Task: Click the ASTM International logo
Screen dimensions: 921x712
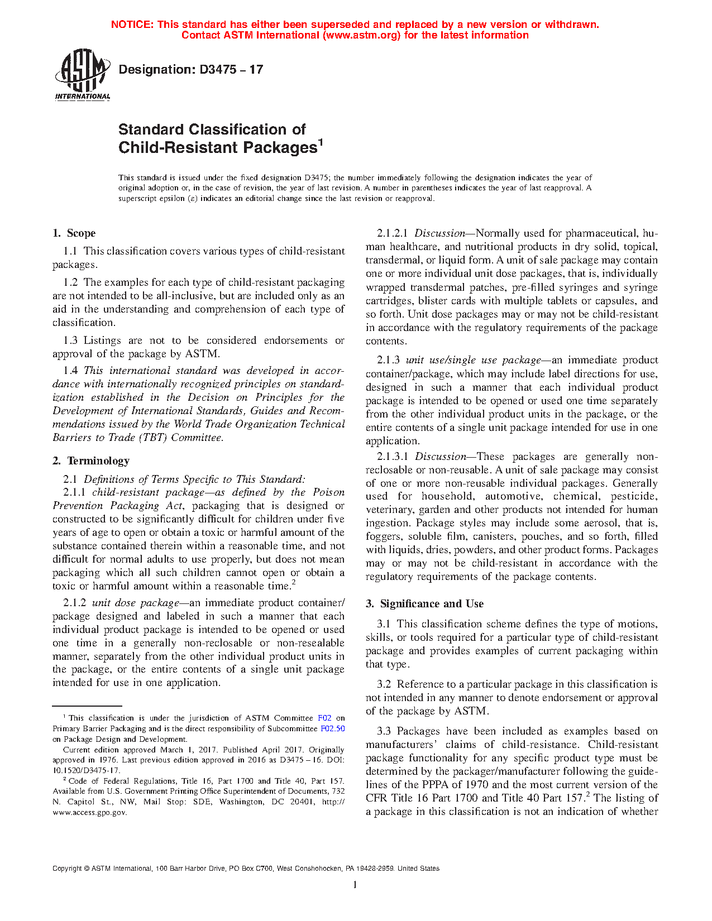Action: pyautogui.click(x=82, y=74)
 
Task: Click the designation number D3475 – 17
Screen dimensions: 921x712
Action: pyautogui.click(x=231, y=70)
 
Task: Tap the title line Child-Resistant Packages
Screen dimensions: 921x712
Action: pyautogui.click(x=218, y=147)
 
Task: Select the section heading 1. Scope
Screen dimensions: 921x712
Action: pyautogui.click(x=74, y=233)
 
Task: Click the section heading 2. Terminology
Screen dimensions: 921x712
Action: pyautogui.click(x=91, y=461)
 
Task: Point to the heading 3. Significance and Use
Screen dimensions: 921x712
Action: pyautogui.click(x=425, y=604)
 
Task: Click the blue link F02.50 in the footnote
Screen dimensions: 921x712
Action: pyautogui.click(x=332, y=728)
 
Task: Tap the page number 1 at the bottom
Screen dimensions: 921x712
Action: pyautogui.click(x=355, y=884)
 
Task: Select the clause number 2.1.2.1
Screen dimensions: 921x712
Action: pyautogui.click(x=393, y=233)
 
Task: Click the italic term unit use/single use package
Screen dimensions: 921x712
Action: pyautogui.click(x=473, y=360)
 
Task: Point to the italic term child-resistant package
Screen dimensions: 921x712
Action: pyautogui.click(x=148, y=492)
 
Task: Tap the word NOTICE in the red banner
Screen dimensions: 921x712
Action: pyautogui.click(x=132, y=25)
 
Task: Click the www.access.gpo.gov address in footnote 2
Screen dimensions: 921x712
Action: pyautogui.click(x=89, y=812)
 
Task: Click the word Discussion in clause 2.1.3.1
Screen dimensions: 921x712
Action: pyautogui.click(x=441, y=457)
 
